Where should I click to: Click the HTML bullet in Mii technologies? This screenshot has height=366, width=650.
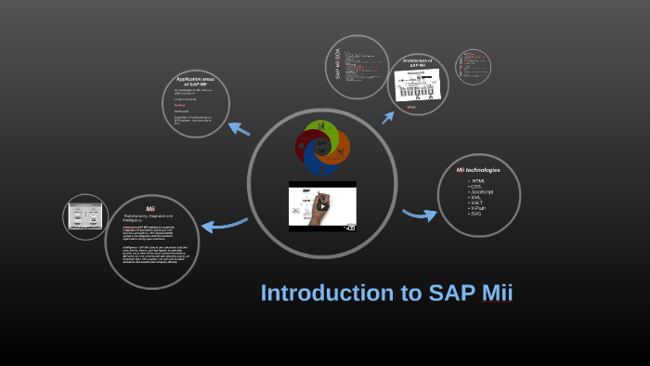[x=479, y=180]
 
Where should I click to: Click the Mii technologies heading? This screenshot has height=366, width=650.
[x=478, y=171]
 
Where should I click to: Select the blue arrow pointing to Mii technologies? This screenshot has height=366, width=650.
[x=419, y=216]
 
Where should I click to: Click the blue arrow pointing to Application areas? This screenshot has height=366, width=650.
[x=239, y=129]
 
